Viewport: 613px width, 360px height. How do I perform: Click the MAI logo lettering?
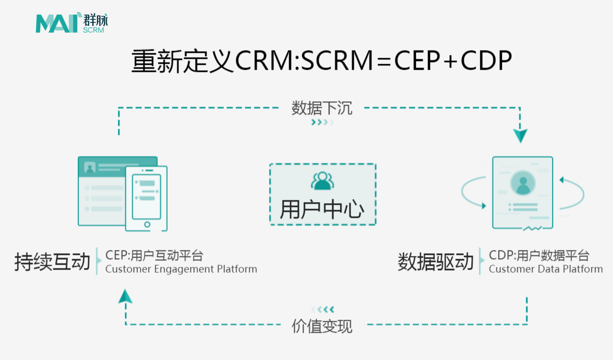click(x=57, y=24)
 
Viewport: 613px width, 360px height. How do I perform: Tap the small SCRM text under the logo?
click(x=94, y=30)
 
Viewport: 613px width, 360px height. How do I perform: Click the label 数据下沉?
click(x=322, y=108)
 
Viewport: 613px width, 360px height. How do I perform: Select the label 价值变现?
click(x=322, y=326)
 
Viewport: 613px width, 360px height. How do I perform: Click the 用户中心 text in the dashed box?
click(x=322, y=209)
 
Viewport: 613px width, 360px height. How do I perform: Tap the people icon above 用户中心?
click(x=322, y=181)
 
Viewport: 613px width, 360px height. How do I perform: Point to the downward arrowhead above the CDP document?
click(x=520, y=136)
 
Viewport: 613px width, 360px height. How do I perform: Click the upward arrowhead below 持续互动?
click(x=125, y=296)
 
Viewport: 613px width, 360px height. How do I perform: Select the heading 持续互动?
click(x=52, y=261)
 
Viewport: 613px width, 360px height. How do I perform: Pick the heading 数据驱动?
click(x=436, y=261)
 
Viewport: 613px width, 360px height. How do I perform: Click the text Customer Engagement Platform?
click(x=181, y=269)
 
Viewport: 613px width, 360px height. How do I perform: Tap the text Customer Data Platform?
click(x=545, y=269)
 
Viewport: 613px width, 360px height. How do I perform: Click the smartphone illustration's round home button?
click(x=147, y=224)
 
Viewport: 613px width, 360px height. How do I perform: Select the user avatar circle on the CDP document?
click(x=523, y=183)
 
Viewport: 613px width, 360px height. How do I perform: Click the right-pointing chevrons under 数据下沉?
click(x=322, y=123)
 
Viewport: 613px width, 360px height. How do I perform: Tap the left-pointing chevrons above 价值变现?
click(x=322, y=309)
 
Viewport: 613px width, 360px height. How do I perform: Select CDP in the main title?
click(x=486, y=60)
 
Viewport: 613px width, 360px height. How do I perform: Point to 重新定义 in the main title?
click(x=182, y=60)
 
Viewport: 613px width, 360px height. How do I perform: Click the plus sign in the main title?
click(x=450, y=62)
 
